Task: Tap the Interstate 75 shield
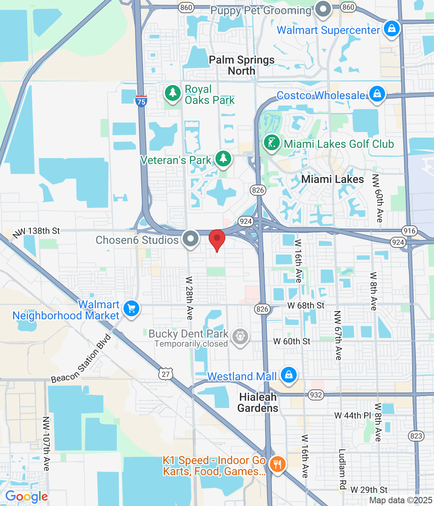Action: [x=141, y=101]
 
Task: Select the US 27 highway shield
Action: [x=166, y=374]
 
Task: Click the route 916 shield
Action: [x=410, y=231]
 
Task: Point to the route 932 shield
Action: [x=316, y=395]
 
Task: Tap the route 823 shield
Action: [x=416, y=436]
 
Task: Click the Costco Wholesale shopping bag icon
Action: [x=377, y=94]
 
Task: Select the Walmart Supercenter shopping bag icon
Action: [x=392, y=29]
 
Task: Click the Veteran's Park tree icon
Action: [x=223, y=159]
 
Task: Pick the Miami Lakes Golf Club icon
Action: [x=271, y=143]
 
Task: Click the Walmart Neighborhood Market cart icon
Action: [x=131, y=308]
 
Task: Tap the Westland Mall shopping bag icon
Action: [x=289, y=374]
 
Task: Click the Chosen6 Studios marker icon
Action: [x=191, y=239]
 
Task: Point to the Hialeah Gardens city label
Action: [x=258, y=402]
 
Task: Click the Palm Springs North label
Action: [x=241, y=65]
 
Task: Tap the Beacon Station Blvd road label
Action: [x=81, y=359]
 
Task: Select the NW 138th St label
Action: [x=36, y=232]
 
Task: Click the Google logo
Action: [x=26, y=497]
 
